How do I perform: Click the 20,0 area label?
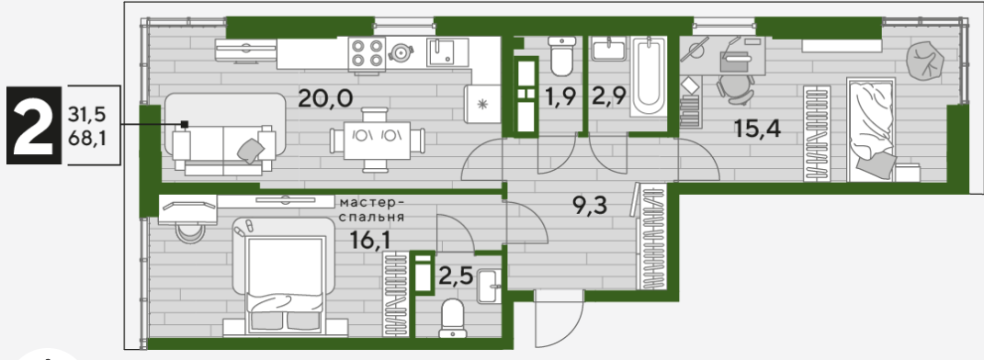pyautogui.click(x=325, y=98)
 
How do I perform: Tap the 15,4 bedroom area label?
pyautogui.click(x=757, y=129)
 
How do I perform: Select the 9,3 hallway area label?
pyautogui.click(x=591, y=205)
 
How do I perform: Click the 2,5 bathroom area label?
pyautogui.click(x=456, y=276)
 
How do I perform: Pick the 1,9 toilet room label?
pyautogui.click(x=560, y=98)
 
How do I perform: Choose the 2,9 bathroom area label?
pyautogui.click(x=608, y=98)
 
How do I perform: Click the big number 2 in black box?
pyautogui.click(x=33, y=126)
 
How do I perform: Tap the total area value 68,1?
pyautogui.click(x=86, y=138)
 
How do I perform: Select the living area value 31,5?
pyautogui.click(x=86, y=115)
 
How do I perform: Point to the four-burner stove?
pyautogui.click(x=368, y=52)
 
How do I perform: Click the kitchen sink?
pyautogui.click(x=447, y=51)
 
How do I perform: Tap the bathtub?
pyautogui.click(x=649, y=76)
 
